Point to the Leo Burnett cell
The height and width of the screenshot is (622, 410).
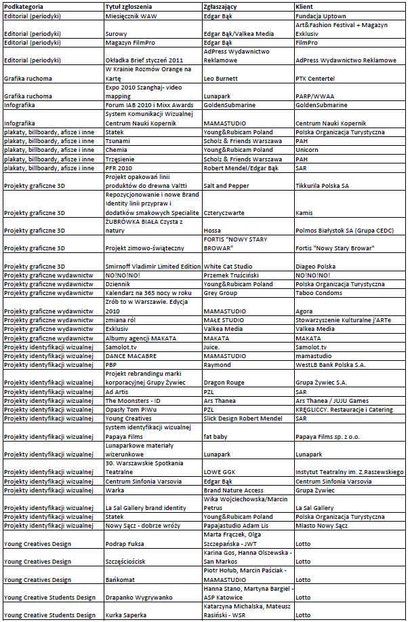(222, 78)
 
